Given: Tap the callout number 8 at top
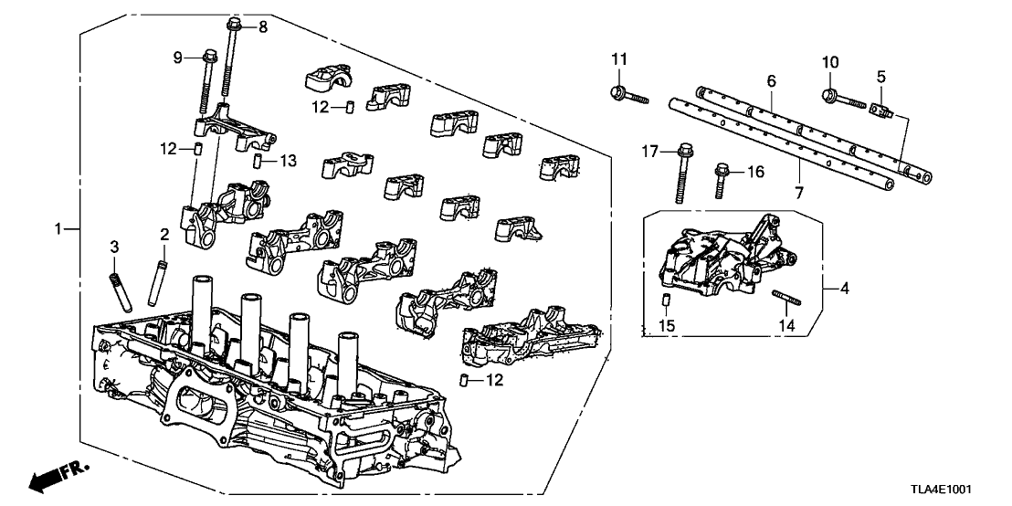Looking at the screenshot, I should [x=263, y=27].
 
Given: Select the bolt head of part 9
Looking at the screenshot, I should [x=206, y=59].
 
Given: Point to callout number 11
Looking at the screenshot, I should [x=620, y=60].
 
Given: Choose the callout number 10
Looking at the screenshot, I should [x=829, y=62].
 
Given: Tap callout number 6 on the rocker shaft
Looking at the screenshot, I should [x=771, y=82].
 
